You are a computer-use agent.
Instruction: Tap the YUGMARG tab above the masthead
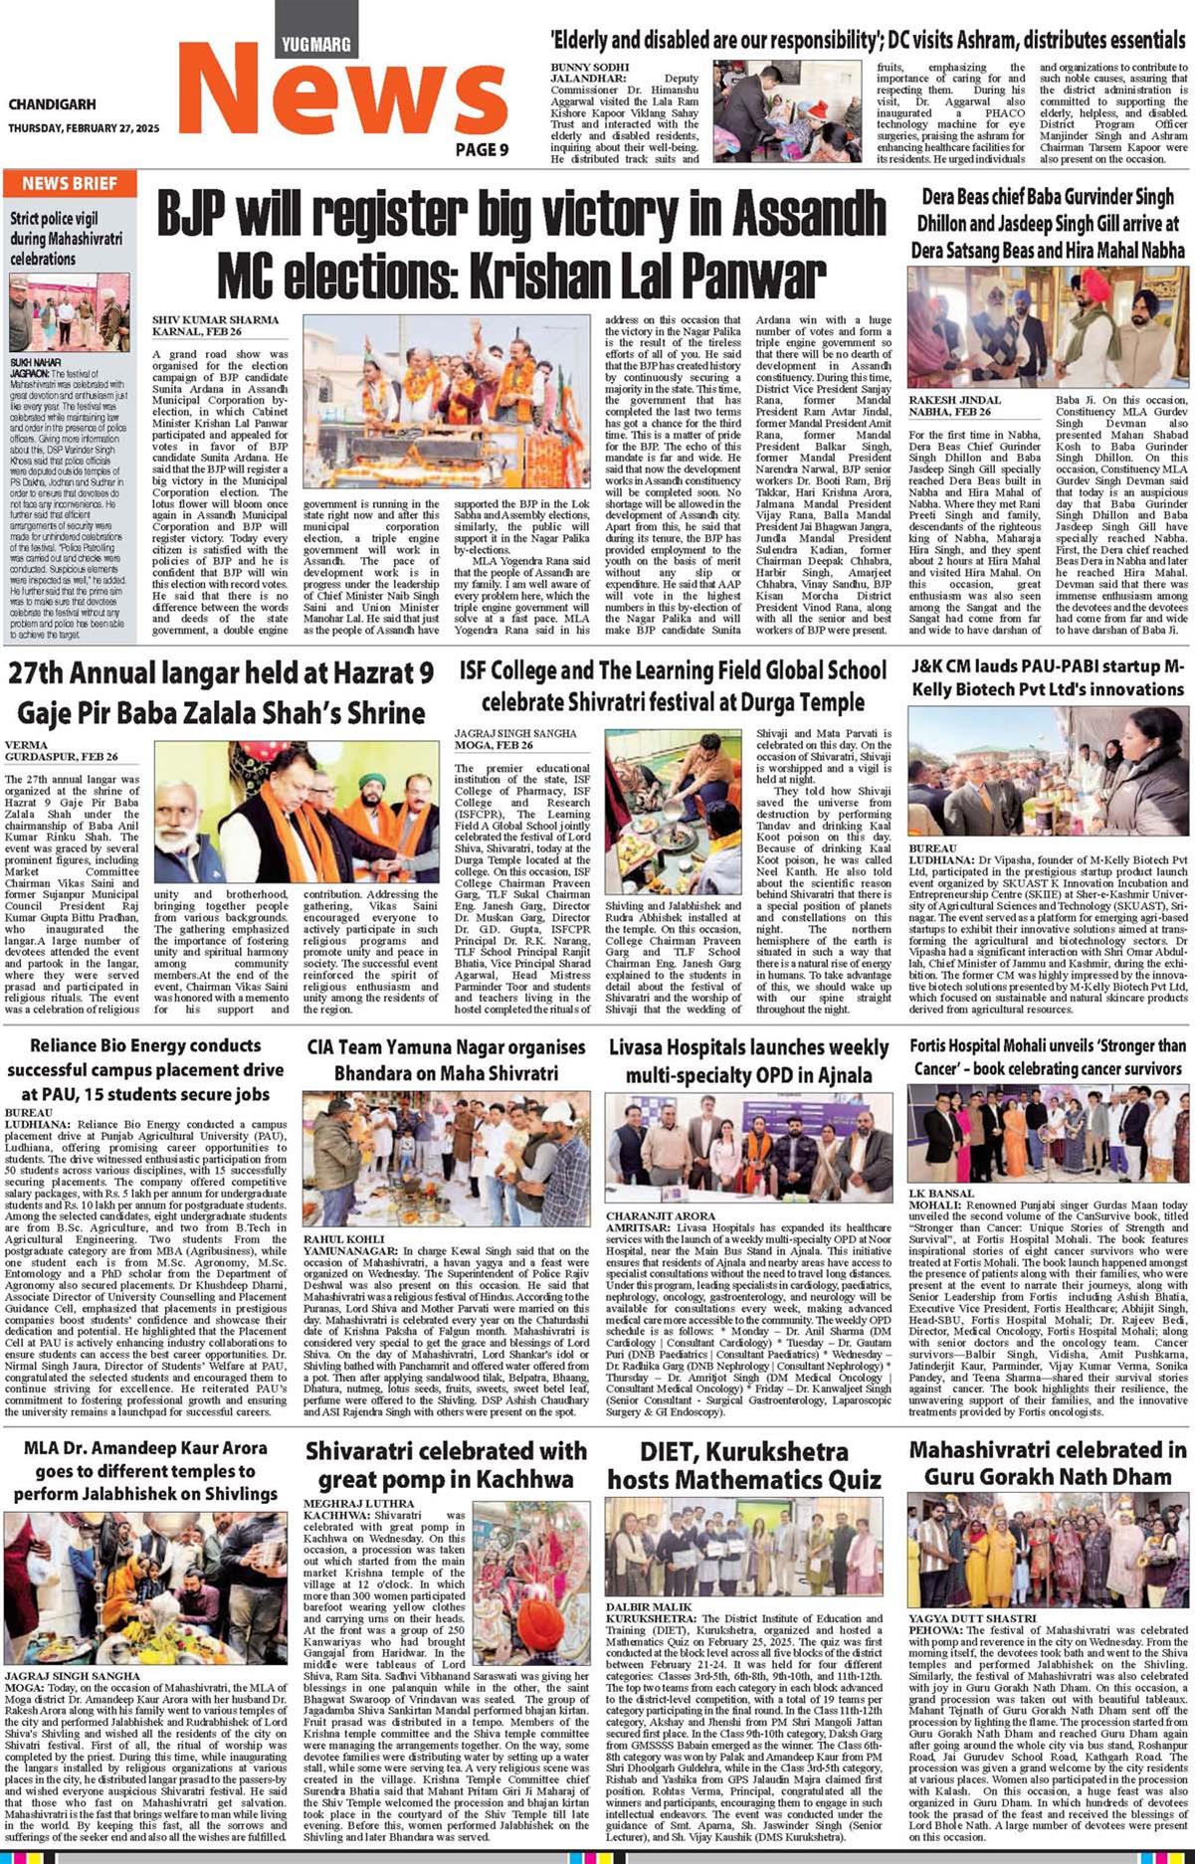pos(315,44)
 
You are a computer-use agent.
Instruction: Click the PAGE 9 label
pos(483,149)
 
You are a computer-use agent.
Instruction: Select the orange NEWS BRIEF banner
pos(70,184)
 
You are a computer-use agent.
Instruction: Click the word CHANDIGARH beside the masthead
pos(53,104)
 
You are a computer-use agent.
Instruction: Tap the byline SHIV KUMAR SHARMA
pos(216,320)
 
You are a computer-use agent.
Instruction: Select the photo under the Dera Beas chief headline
pos(1049,327)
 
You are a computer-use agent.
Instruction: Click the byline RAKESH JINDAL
pos(954,400)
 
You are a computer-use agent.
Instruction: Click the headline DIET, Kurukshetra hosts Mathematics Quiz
pos(744,1465)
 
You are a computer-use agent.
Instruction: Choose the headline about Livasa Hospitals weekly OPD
pos(748,1060)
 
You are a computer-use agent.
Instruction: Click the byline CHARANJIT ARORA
pos(661,1215)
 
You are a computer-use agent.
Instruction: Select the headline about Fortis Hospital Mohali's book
pos(1047,1056)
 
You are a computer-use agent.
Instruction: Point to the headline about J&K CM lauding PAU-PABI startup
pos(1047,676)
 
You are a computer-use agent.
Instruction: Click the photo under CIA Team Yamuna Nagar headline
pos(447,1159)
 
